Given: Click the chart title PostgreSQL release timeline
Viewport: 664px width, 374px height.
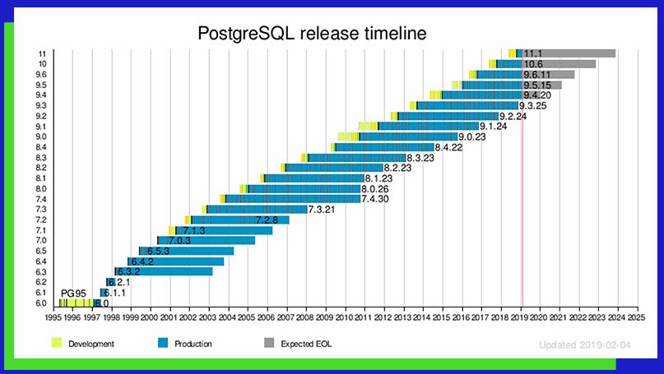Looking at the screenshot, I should (312, 34).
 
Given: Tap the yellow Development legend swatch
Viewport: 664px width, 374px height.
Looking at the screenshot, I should (57, 343).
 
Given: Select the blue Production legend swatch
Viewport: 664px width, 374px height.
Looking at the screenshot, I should (160, 343).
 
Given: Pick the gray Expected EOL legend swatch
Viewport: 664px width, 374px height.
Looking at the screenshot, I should (269, 343).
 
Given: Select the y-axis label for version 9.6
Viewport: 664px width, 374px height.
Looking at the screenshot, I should (41, 74).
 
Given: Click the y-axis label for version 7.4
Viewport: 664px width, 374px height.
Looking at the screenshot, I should (41, 199).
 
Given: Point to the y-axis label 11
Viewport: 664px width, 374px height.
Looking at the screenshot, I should (42, 53).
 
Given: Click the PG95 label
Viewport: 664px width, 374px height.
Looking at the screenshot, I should (73, 293).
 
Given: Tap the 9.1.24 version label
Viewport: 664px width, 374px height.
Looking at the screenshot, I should (493, 126).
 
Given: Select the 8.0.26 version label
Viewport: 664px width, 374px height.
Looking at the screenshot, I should (374, 189).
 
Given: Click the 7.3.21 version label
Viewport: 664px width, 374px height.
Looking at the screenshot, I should (322, 210).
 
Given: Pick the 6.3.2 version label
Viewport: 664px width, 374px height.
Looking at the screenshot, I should (128, 271).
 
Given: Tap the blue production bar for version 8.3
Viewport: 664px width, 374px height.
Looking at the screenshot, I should (358, 157).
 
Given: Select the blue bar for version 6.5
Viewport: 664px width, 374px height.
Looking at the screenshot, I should (188, 251).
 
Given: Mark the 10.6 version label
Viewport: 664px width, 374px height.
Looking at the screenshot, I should (533, 64).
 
